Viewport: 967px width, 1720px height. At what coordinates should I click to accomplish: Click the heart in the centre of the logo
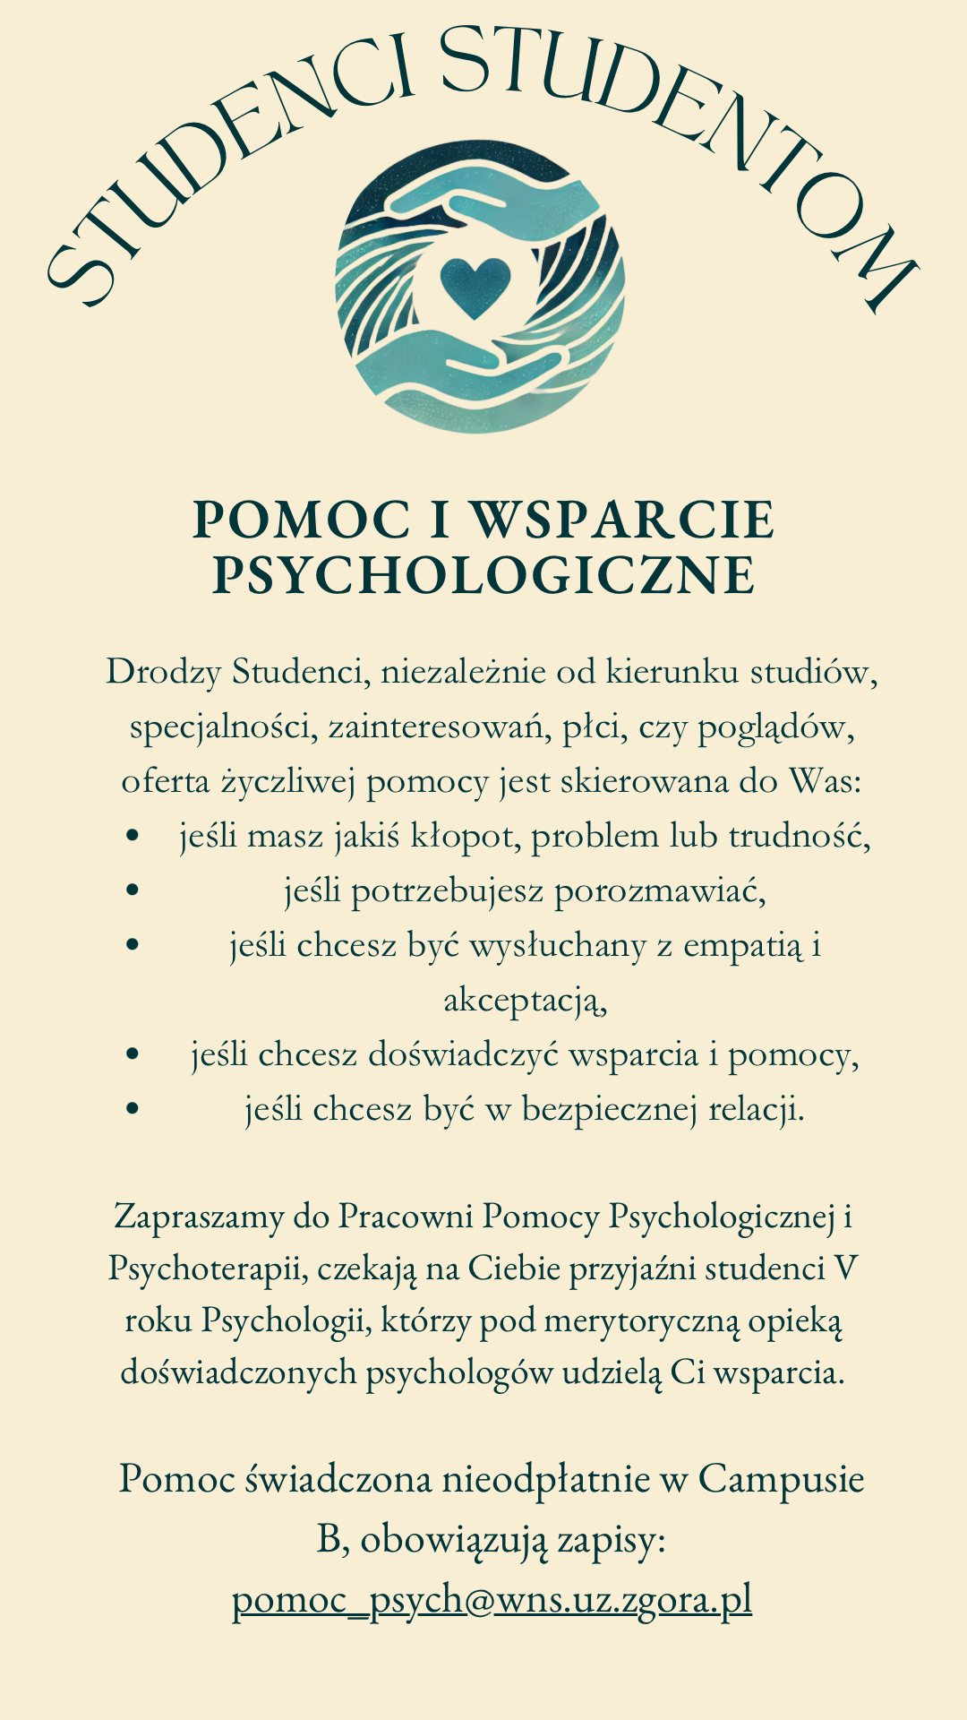475,286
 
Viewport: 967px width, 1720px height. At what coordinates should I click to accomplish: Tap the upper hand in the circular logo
501,202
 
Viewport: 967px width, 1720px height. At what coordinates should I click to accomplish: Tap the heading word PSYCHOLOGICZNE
483,575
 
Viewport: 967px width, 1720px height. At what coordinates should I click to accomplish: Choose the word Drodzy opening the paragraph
163,672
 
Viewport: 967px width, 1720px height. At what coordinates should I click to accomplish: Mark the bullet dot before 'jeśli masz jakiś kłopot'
133,836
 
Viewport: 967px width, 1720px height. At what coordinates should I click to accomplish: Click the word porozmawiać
660,891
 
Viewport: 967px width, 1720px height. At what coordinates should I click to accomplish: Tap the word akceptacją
526,1001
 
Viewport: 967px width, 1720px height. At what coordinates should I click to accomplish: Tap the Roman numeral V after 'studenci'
844,1268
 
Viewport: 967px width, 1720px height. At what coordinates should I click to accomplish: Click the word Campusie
781,1478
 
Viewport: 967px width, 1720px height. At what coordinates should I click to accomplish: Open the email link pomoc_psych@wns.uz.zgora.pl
492,1600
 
